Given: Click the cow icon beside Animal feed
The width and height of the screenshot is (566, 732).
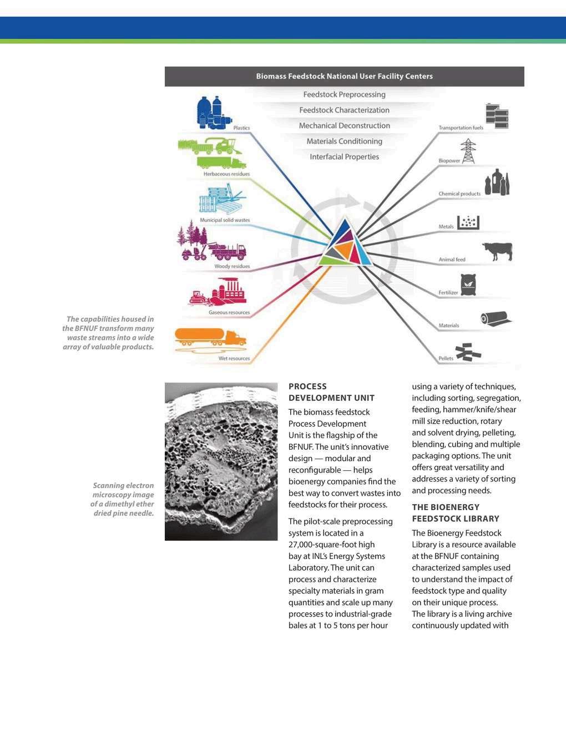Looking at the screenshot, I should (x=497, y=251).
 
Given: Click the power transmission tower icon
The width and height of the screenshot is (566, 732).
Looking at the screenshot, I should (x=468, y=151).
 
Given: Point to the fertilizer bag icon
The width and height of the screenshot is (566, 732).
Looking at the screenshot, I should (x=469, y=285).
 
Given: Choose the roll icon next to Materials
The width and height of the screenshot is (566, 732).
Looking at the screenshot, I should (x=496, y=318).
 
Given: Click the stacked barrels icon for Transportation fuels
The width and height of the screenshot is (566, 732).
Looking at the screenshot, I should (x=497, y=116).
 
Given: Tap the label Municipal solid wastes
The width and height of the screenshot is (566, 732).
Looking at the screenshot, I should (x=225, y=220).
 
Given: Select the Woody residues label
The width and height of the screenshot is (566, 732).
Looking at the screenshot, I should (x=232, y=267).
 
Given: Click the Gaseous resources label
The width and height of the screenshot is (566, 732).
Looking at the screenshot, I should (x=229, y=313).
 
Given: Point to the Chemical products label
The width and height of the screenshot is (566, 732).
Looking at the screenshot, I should (x=459, y=194).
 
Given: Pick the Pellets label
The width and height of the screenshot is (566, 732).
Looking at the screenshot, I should (x=446, y=359).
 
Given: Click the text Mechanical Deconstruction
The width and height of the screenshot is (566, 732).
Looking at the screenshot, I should (x=344, y=126).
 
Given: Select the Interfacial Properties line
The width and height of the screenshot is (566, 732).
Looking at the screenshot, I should (x=344, y=157).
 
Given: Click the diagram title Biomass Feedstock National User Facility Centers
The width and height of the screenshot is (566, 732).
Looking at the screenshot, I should (x=344, y=77).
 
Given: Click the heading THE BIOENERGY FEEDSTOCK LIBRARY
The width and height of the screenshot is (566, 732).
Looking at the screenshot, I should (x=456, y=513).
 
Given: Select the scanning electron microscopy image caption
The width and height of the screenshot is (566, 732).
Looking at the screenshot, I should (x=123, y=499).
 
